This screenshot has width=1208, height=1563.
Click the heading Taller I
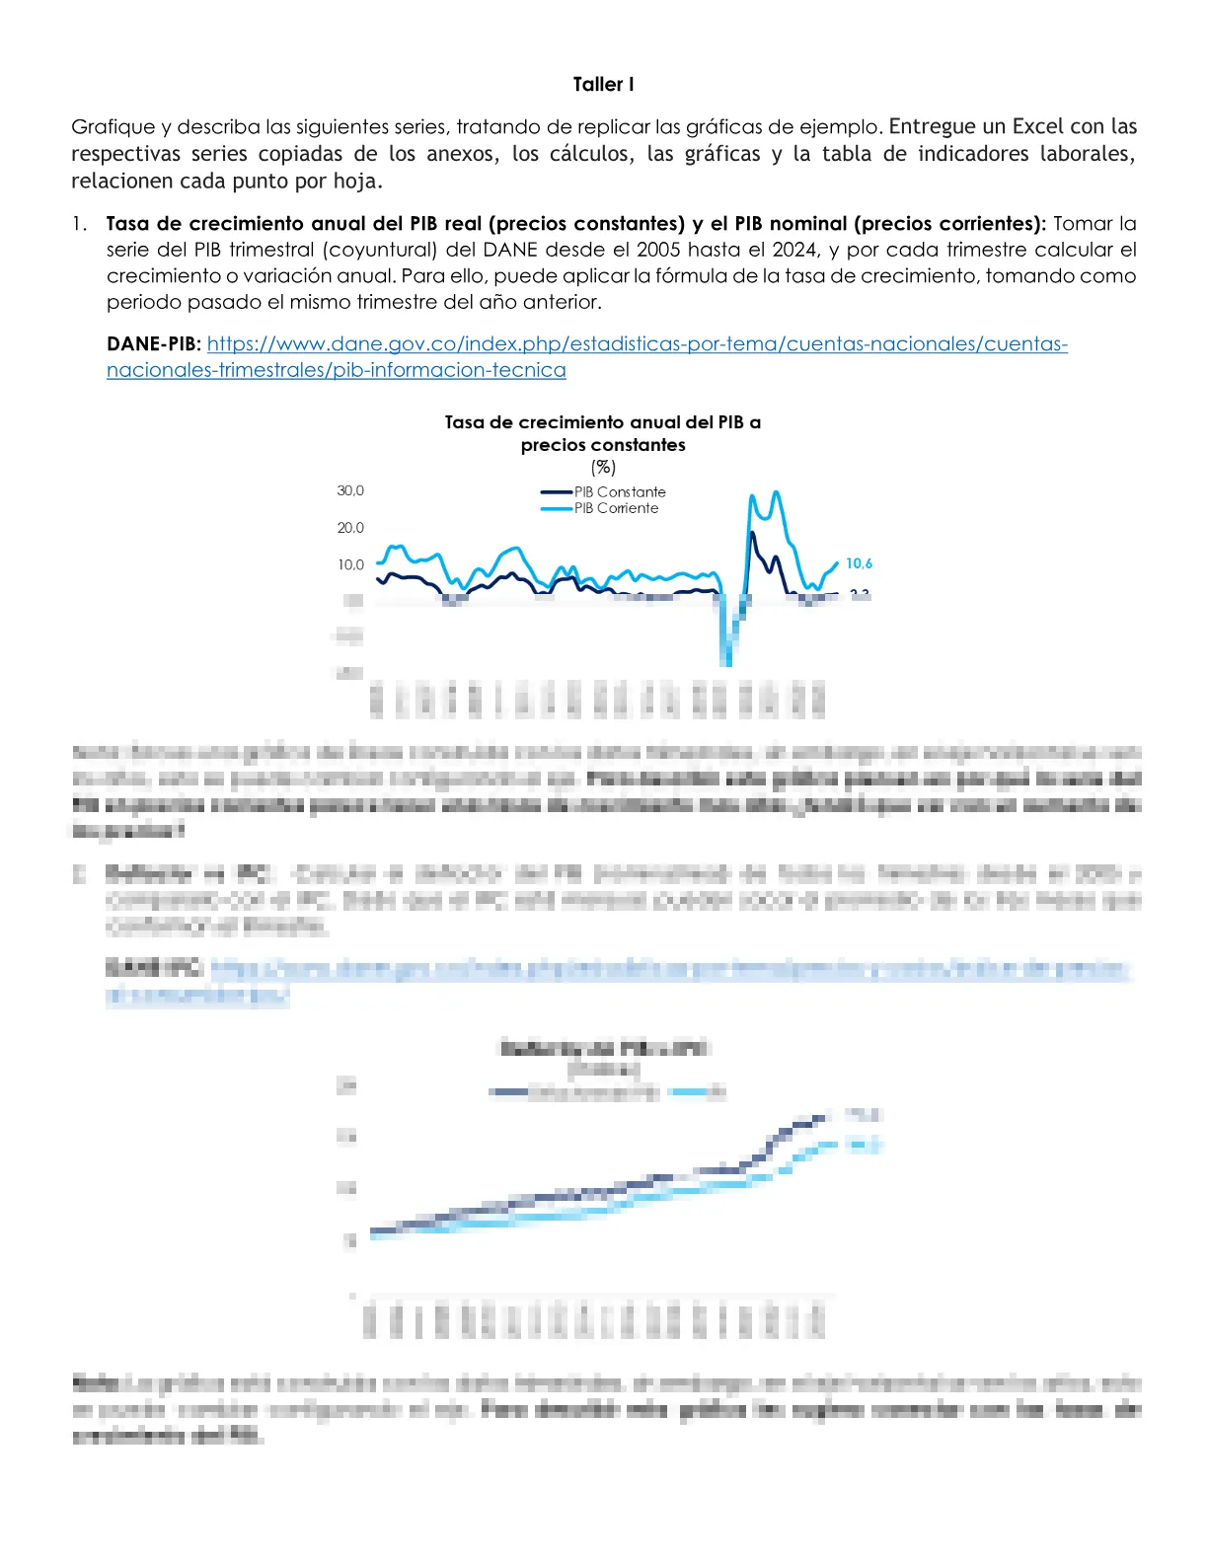pyautogui.click(x=603, y=85)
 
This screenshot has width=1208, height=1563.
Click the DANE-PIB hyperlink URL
pyautogui.click(x=637, y=344)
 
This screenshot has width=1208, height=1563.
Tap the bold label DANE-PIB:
pyautogui.click(x=154, y=344)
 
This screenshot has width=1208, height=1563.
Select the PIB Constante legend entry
pyautogui.click(x=619, y=492)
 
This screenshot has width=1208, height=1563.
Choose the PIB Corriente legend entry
pyautogui.click(x=616, y=508)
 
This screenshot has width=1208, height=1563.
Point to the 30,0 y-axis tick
pyautogui.click(x=350, y=490)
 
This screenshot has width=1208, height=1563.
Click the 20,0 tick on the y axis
pyautogui.click(x=350, y=528)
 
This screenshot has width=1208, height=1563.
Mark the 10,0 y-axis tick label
pyautogui.click(x=350, y=565)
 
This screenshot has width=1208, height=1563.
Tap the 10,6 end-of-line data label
pyautogui.click(x=859, y=563)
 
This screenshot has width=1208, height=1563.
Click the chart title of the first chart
pyautogui.click(x=603, y=433)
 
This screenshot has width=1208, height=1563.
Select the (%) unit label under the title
pyautogui.click(x=603, y=468)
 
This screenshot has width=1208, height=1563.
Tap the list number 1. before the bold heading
pyautogui.click(x=79, y=224)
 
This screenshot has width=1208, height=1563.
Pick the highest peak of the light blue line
pyautogui.click(x=777, y=491)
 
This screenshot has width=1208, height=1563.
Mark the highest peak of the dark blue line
pyautogui.click(x=753, y=534)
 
